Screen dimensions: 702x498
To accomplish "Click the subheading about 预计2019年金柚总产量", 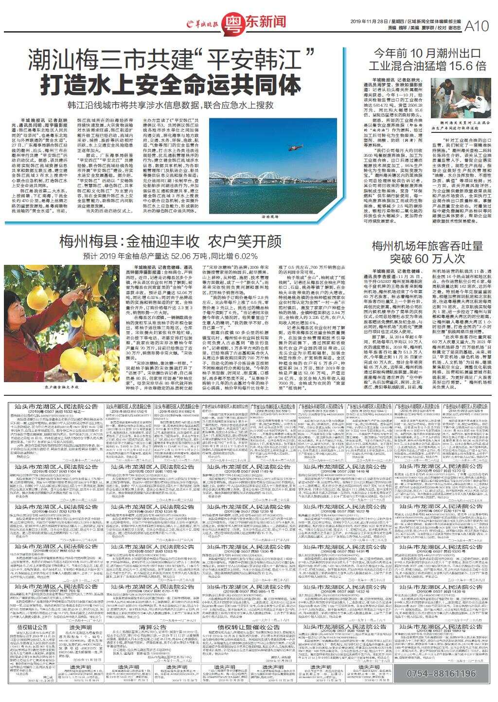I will (x=170, y=256).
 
